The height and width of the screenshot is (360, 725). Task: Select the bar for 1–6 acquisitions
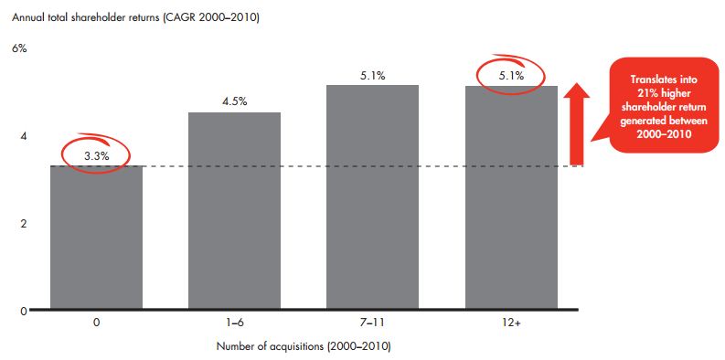tap(234, 211)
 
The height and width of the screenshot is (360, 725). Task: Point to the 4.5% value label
tap(235, 102)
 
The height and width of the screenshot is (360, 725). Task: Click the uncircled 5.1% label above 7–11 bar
tap(373, 76)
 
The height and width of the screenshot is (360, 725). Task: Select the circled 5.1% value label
tap(511, 76)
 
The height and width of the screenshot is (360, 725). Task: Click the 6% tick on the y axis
tap(19, 48)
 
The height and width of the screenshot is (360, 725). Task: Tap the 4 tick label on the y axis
tap(24, 136)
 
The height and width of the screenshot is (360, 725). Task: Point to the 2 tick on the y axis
tap(24, 224)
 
